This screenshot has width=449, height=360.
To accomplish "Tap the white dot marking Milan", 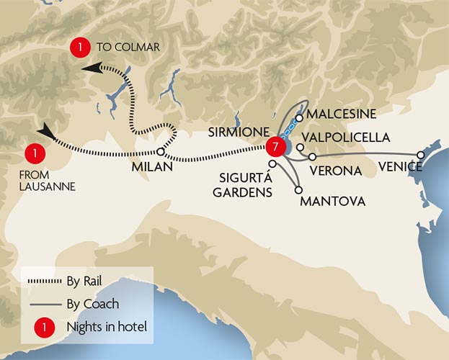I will click(x=161, y=152).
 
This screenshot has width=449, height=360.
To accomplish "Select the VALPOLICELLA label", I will click(x=347, y=137).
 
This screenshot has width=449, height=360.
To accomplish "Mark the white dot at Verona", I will click(x=312, y=156).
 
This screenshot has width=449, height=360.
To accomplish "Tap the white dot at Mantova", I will click(x=298, y=190).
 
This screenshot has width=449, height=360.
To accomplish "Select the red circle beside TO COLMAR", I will click(x=79, y=48).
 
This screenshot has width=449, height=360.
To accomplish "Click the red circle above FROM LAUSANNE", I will click(x=32, y=153).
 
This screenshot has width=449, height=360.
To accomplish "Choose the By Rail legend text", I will click(x=93, y=281).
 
